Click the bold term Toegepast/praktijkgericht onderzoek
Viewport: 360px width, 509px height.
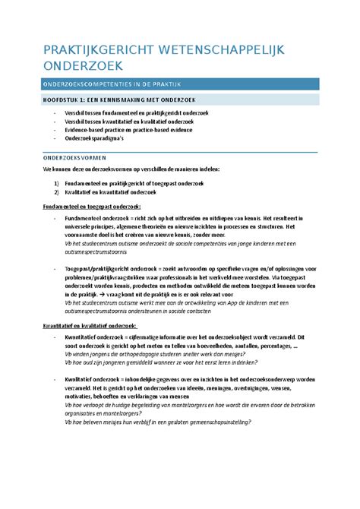click(x=112, y=270)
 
